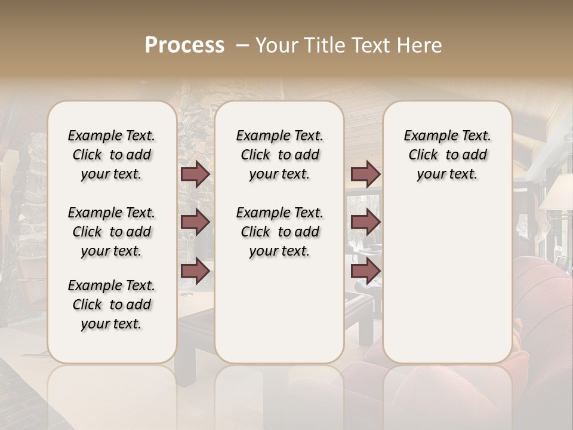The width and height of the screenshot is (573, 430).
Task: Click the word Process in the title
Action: pos(184,45)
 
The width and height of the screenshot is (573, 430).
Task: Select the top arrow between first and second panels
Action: pos(195,174)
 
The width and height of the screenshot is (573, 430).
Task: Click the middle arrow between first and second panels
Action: pos(195,222)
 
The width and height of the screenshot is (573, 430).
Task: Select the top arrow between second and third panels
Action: pos(365,174)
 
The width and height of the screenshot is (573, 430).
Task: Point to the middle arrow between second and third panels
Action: pos(365,222)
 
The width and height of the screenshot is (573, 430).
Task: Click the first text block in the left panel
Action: pos(112,155)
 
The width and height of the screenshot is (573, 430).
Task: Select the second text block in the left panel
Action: pos(112,232)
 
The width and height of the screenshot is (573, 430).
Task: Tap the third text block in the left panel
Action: pos(112,305)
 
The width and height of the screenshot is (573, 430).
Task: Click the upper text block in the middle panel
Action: pos(279,155)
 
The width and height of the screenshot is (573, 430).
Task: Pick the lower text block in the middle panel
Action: pos(279,232)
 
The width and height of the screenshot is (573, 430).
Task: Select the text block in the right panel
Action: pos(447,155)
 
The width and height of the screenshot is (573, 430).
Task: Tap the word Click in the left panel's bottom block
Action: pos(87,305)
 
